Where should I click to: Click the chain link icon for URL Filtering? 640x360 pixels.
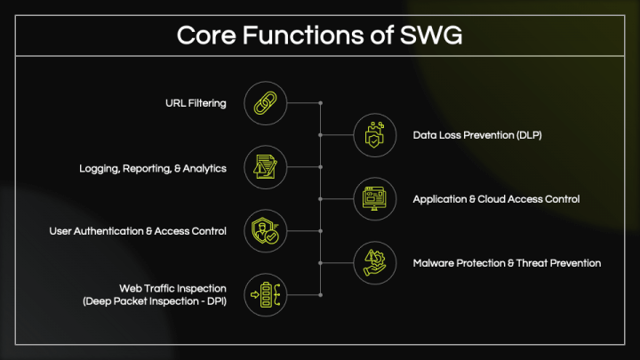click(x=265, y=103)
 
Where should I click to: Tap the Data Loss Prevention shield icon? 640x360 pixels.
click(x=375, y=135)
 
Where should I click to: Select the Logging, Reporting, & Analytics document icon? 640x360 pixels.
click(x=265, y=167)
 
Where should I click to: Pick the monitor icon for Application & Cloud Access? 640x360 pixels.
click(x=374, y=199)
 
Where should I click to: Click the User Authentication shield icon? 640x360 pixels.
click(x=265, y=231)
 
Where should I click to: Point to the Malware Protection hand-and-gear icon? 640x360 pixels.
click(x=375, y=263)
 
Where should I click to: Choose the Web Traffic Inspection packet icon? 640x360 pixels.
click(x=265, y=295)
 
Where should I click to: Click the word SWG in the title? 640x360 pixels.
click(x=431, y=35)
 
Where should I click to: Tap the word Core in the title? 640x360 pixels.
click(x=206, y=35)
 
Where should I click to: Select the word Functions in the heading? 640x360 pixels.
click(x=303, y=35)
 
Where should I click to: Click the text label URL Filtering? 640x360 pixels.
click(x=196, y=103)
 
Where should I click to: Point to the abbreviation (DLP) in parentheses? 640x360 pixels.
click(x=529, y=135)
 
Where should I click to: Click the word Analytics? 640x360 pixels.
click(x=204, y=169)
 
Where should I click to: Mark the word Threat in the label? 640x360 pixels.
click(x=532, y=263)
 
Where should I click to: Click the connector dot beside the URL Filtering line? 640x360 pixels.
click(x=321, y=103)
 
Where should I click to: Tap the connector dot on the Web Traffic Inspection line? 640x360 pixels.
click(x=321, y=295)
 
